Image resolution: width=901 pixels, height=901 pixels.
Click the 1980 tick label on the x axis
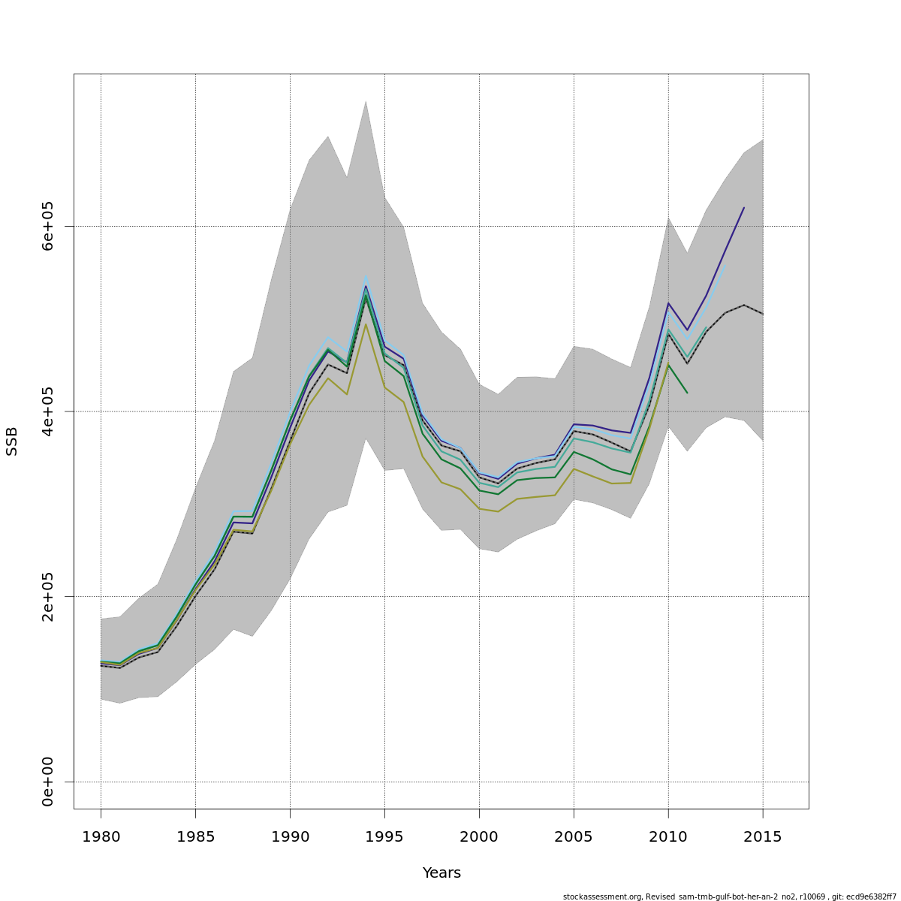click(x=101, y=836)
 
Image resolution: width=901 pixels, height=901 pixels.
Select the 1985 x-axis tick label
click(x=195, y=836)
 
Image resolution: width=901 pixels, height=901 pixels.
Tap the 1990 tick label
click(x=290, y=836)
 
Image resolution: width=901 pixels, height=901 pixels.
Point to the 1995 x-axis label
click(x=384, y=836)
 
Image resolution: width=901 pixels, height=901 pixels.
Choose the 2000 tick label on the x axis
click(x=479, y=836)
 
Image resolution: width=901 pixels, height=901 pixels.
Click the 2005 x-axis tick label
click(x=574, y=836)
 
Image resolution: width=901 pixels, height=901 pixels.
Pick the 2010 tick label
click(x=668, y=836)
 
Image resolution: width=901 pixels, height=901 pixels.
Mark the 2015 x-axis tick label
click(x=763, y=836)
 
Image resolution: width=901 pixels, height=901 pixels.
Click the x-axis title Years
click(x=441, y=873)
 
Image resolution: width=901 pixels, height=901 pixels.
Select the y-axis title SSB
click(x=12, y=441)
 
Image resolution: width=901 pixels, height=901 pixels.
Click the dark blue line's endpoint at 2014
click(x=744, y=207)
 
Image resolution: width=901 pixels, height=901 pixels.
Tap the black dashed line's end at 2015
click(x=763, y=314)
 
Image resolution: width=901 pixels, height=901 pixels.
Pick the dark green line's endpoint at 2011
click(x=687, y=393)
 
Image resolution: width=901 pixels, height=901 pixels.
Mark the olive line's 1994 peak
click(x=366, y=324)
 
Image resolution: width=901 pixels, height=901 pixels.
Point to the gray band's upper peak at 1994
click(x=366, y=101)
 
